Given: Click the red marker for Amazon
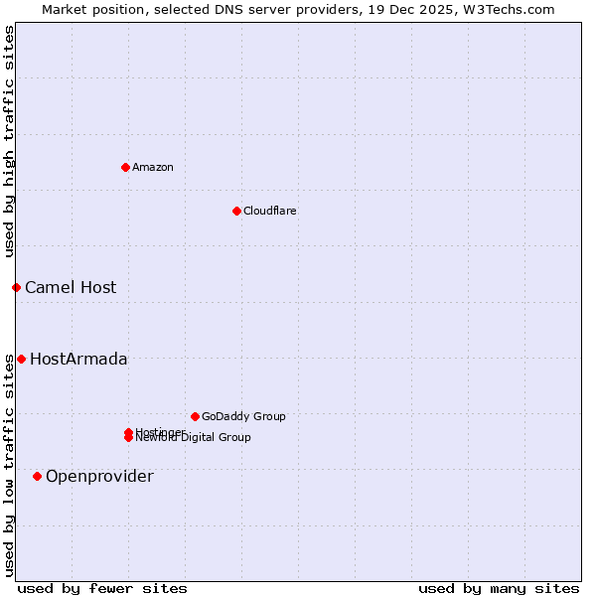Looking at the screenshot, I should point(125,167).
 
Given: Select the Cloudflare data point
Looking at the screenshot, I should point(236,211).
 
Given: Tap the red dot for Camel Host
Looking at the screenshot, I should point(16,287).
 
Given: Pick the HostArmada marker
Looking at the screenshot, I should point(21,359).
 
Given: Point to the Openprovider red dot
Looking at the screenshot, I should point(37,476).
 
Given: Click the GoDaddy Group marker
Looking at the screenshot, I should point(195,416).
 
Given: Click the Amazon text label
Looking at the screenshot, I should point(153,167).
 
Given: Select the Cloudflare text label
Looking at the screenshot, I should point(269,211).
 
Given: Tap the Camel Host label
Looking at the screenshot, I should point(71,287).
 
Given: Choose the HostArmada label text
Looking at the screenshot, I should point(78,359).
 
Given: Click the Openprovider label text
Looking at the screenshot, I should point(99,476).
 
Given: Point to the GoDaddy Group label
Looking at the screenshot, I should point(243,416).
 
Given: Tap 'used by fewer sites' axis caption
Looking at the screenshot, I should point(102,588).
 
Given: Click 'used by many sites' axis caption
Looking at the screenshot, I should point(499,588).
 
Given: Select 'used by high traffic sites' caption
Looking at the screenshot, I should point(9,141).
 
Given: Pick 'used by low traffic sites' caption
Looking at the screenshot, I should point(9,464).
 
